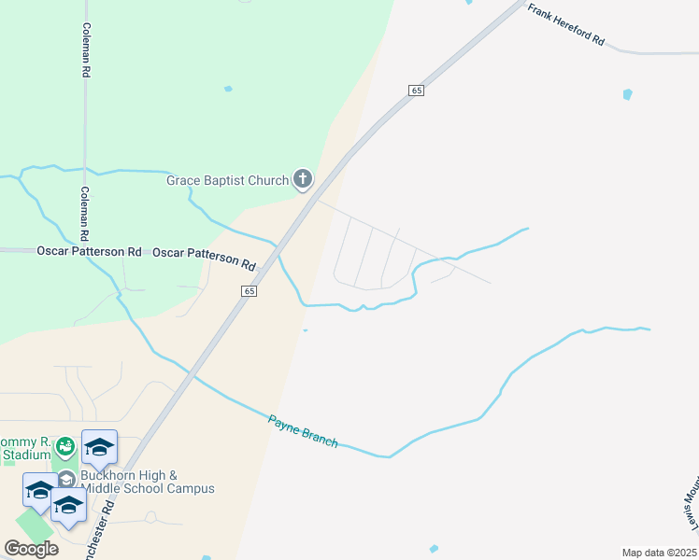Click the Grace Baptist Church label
[x=228, y=180]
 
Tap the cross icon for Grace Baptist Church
[x=303, y=178]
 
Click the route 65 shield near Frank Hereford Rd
[x=416, y=91]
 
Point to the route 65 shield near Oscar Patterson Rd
[x=248, y=291]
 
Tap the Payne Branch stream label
[x=303, y=431]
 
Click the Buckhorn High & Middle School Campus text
[x=148, y=482]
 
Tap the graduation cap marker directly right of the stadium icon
[x=99, y=448]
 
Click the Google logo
[x=31, y=549]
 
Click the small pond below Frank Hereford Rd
[x=627, y=94]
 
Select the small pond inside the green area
[x=228, y=89]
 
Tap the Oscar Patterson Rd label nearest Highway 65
[x=204, y=258]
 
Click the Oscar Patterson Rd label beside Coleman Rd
[x=89, y=251]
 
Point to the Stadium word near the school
[x=24, y=455]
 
